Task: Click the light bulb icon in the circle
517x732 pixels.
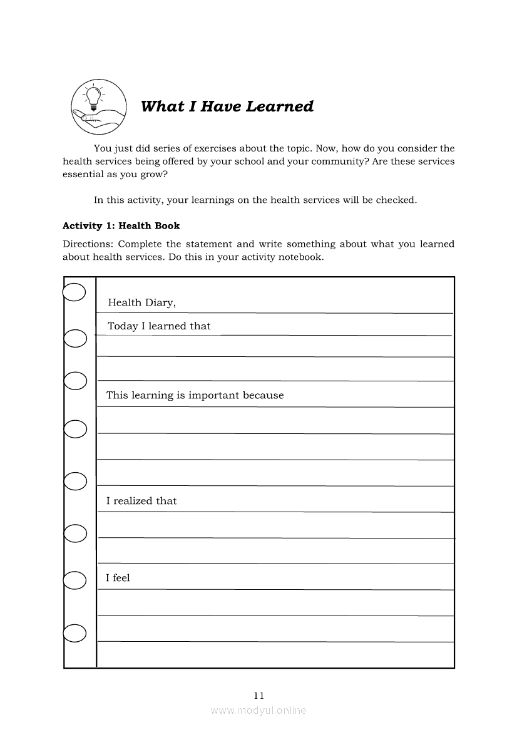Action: (x=94, y=96)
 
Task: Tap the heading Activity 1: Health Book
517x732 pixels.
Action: (x=121, y=225)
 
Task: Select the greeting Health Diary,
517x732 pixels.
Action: (x=142, y=303)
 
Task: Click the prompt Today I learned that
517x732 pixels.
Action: (x=159, y=326)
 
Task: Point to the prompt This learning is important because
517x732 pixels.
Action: (x=195, y=395)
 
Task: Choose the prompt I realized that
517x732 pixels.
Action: (x=141, y=501)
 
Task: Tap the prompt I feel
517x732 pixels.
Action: (x=118, y=578)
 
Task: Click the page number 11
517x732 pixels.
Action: (x=259, y=695)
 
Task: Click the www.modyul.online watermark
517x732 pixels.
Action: (x=258, y=710)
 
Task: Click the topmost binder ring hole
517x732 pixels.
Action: (x=74, y=292)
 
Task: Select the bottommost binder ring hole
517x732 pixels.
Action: (x=74, y=633)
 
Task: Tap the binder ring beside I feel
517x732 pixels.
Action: (x=74, y=580)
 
